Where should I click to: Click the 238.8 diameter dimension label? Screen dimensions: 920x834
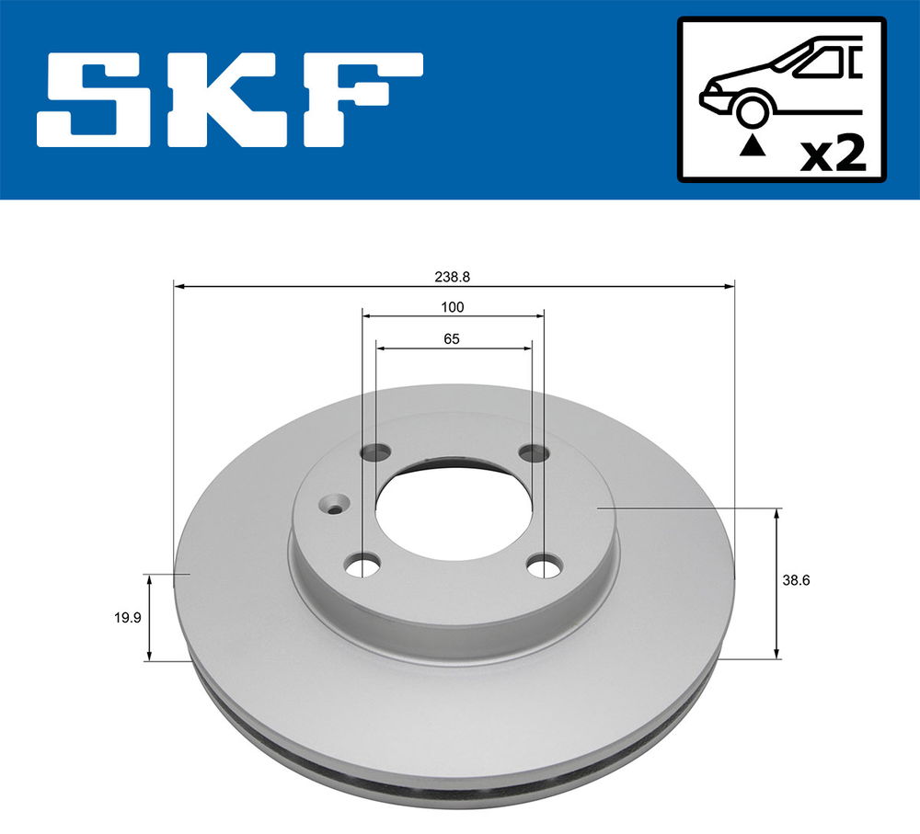point(452,277)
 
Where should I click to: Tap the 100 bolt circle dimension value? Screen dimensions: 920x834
point(453,307)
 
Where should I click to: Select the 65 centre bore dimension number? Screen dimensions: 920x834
point(452,339)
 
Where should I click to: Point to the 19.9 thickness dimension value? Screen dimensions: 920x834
point(127,617)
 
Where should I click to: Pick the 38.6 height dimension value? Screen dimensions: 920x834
point(796,580)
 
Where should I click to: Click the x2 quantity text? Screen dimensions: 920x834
point(834,154)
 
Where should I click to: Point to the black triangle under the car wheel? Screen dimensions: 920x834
point(753,146)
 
